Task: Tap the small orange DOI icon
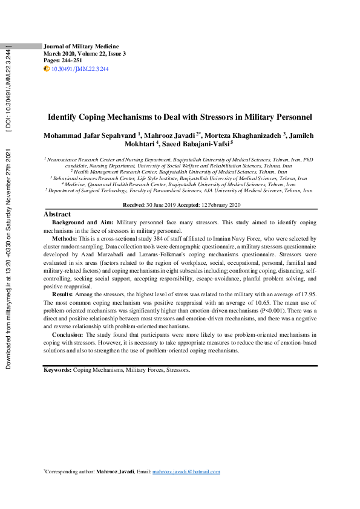(x=47, y=70)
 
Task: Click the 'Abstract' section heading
(x=57, y=214)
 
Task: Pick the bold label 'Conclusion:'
(x=68, y=334)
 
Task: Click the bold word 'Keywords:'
(x=57, y=369)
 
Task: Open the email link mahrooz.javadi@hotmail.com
(x=186, y=472)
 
